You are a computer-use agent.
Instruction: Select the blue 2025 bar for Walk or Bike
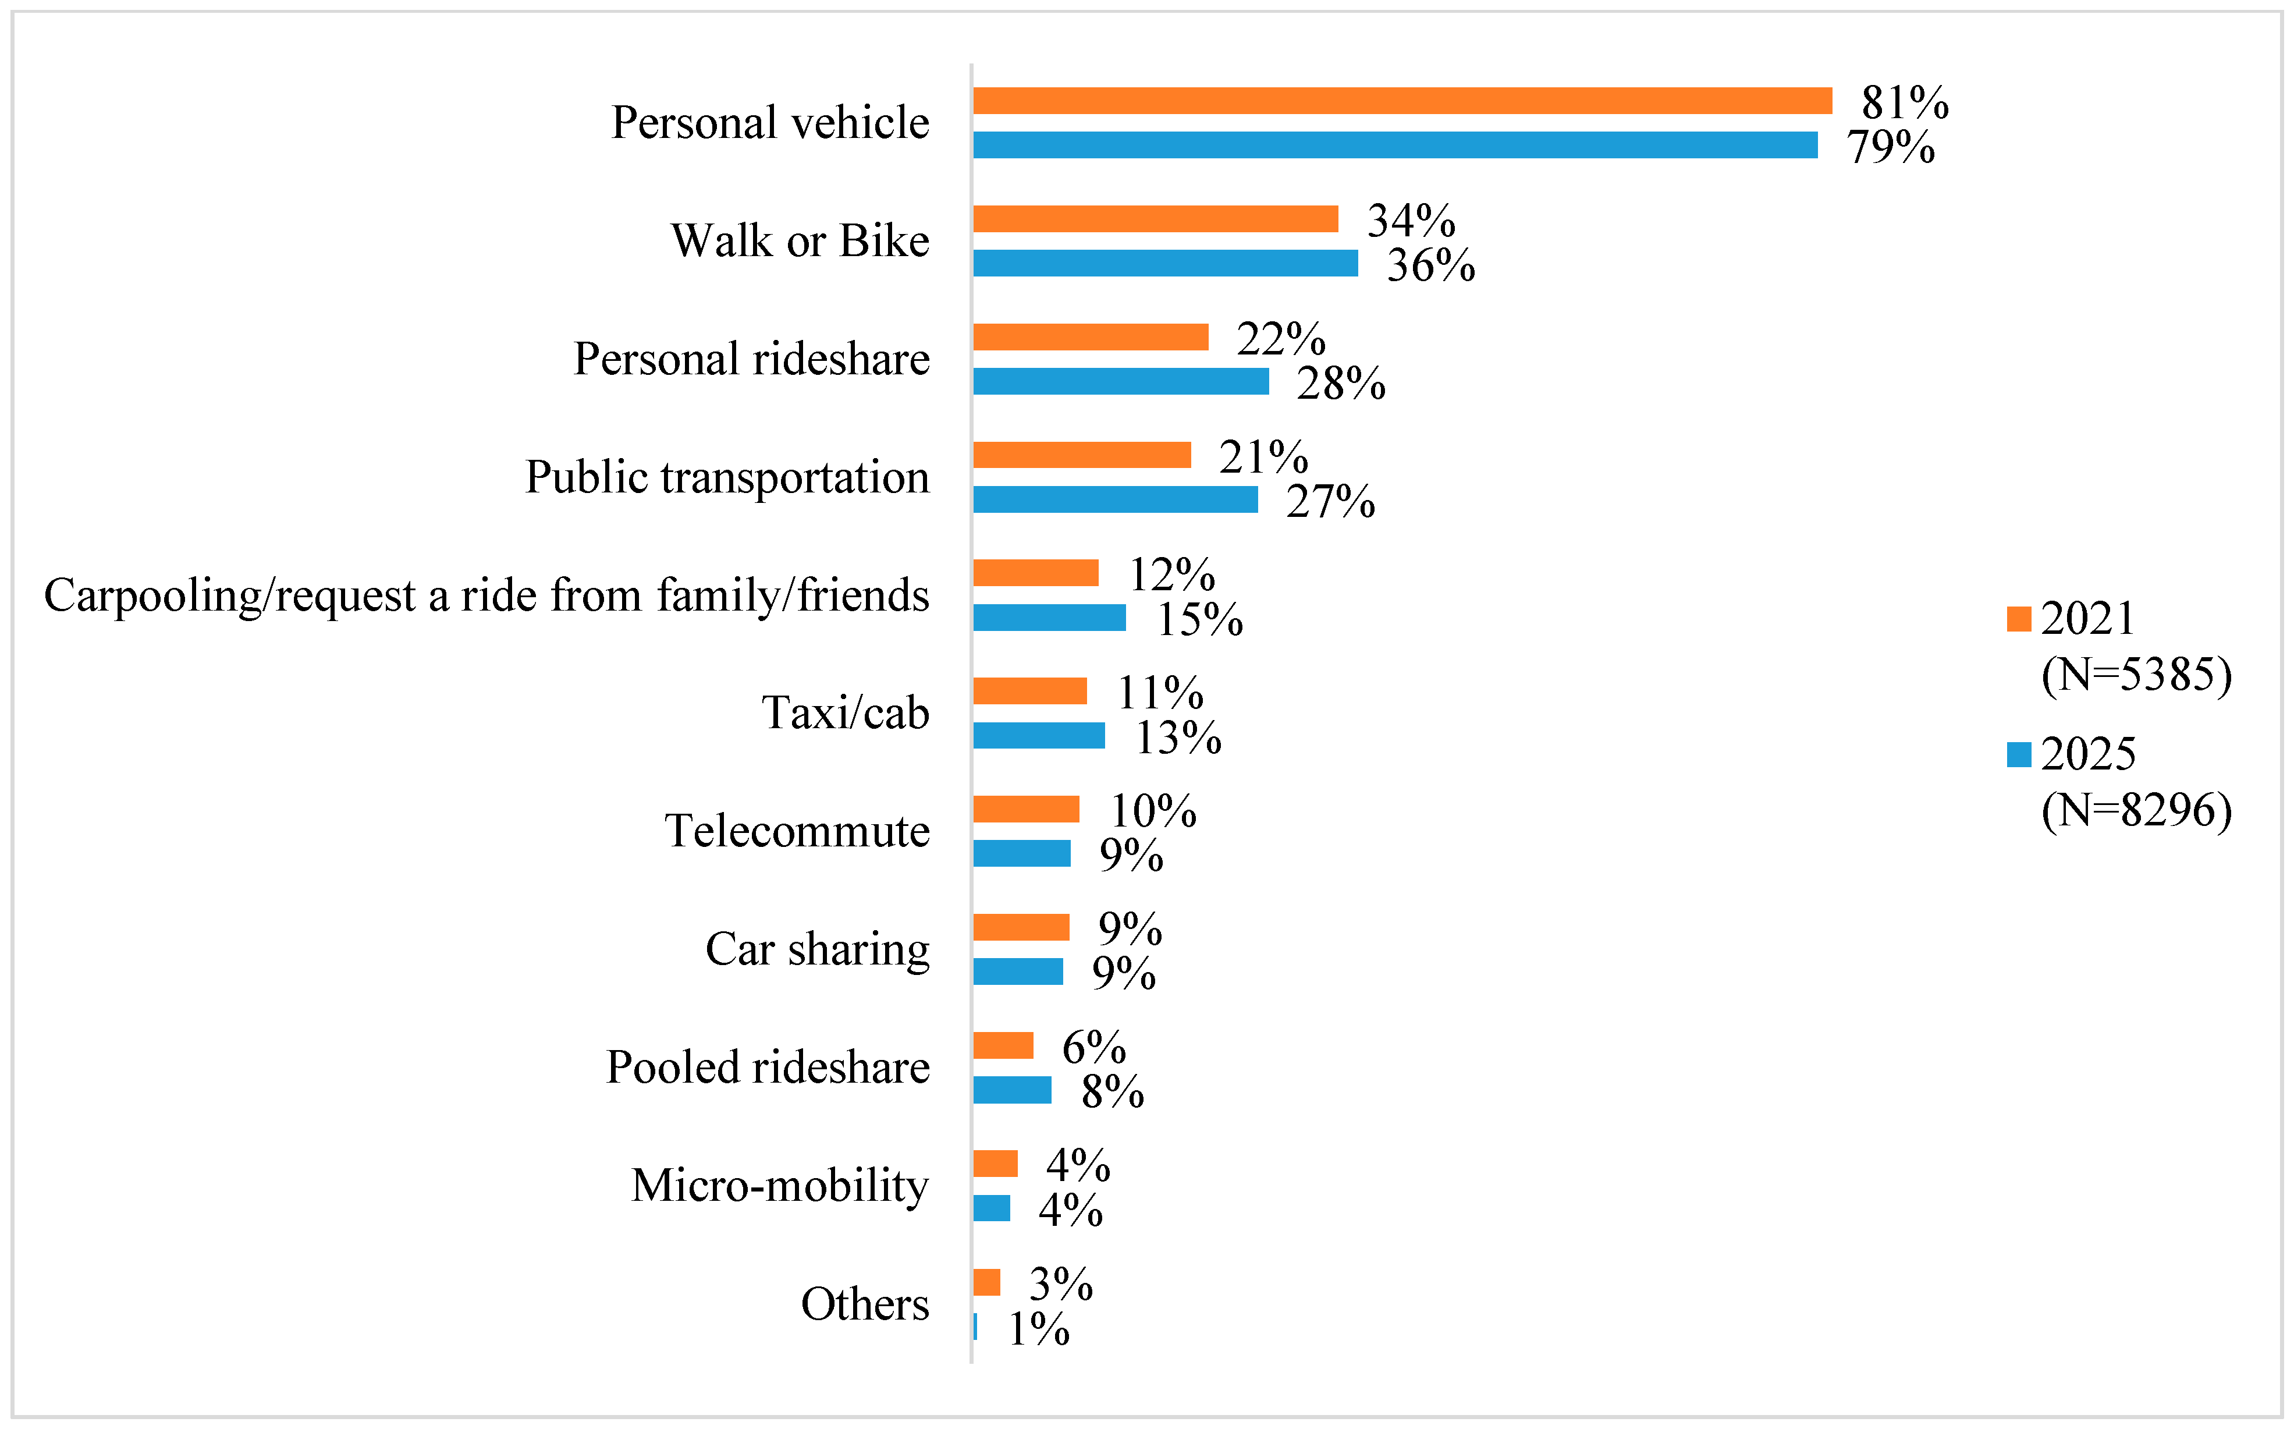1165,263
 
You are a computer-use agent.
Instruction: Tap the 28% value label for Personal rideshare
1341,383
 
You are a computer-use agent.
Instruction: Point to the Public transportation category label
727,476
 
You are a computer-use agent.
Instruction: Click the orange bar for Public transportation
1082,455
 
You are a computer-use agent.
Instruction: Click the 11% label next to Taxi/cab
1160,693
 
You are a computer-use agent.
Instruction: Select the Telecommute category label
797,831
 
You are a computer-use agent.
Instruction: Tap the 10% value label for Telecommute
1153,811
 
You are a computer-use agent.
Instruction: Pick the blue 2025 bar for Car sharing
1018,971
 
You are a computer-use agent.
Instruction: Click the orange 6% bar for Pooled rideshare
1003,1045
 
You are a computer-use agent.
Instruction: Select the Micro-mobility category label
779,1185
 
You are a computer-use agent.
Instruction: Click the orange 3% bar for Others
986,1282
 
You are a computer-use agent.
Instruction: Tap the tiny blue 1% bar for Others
975,1326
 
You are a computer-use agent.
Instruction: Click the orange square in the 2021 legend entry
2019,619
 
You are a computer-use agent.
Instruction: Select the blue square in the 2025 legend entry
2019,754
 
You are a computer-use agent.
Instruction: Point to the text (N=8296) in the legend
2136,810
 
